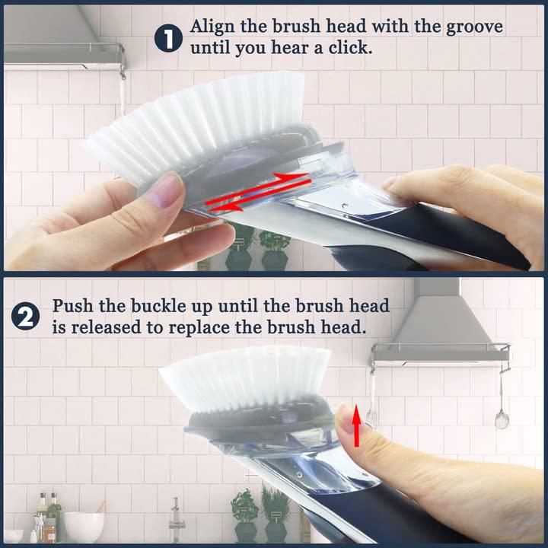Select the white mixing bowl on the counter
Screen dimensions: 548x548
coord(83,525)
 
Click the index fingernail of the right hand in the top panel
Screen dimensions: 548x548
coord(390,183)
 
